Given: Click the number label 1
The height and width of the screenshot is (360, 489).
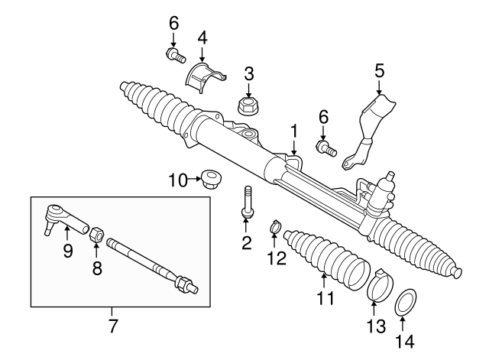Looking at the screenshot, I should pos(293,131).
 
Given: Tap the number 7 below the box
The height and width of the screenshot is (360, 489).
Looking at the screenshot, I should pos(112,326).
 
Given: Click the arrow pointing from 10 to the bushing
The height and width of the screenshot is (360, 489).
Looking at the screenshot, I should pos(194,180).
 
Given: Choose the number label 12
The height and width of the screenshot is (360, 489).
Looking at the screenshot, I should pos(276,258).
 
